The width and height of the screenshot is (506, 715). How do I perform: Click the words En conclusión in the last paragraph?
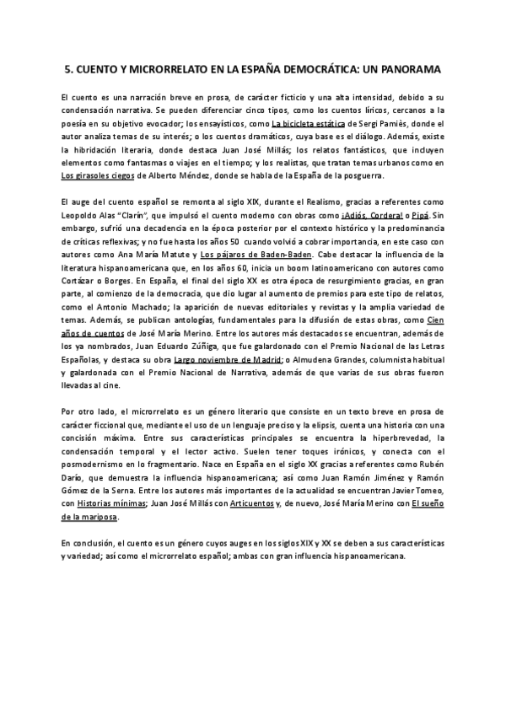point(87,543)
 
